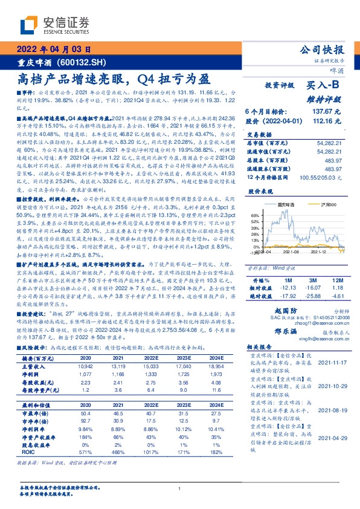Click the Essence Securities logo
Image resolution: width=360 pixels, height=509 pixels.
point(55,25)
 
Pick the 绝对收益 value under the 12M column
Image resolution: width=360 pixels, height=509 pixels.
point(337,296)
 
